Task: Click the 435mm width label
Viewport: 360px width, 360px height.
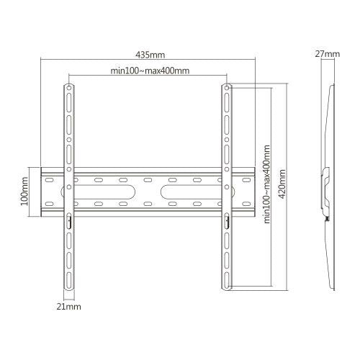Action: (x=150, y=55)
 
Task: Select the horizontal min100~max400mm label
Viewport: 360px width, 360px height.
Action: (x=150, y=70)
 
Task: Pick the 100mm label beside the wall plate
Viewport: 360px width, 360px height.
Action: (x=24, y=192)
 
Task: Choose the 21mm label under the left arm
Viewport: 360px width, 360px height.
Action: (x=70, y=306)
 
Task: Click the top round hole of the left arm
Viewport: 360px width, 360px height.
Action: (x=70, y=89)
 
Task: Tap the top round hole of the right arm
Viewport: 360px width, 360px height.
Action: (x=227, y=89)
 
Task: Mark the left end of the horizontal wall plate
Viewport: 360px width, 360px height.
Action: (x=44, y=192)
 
